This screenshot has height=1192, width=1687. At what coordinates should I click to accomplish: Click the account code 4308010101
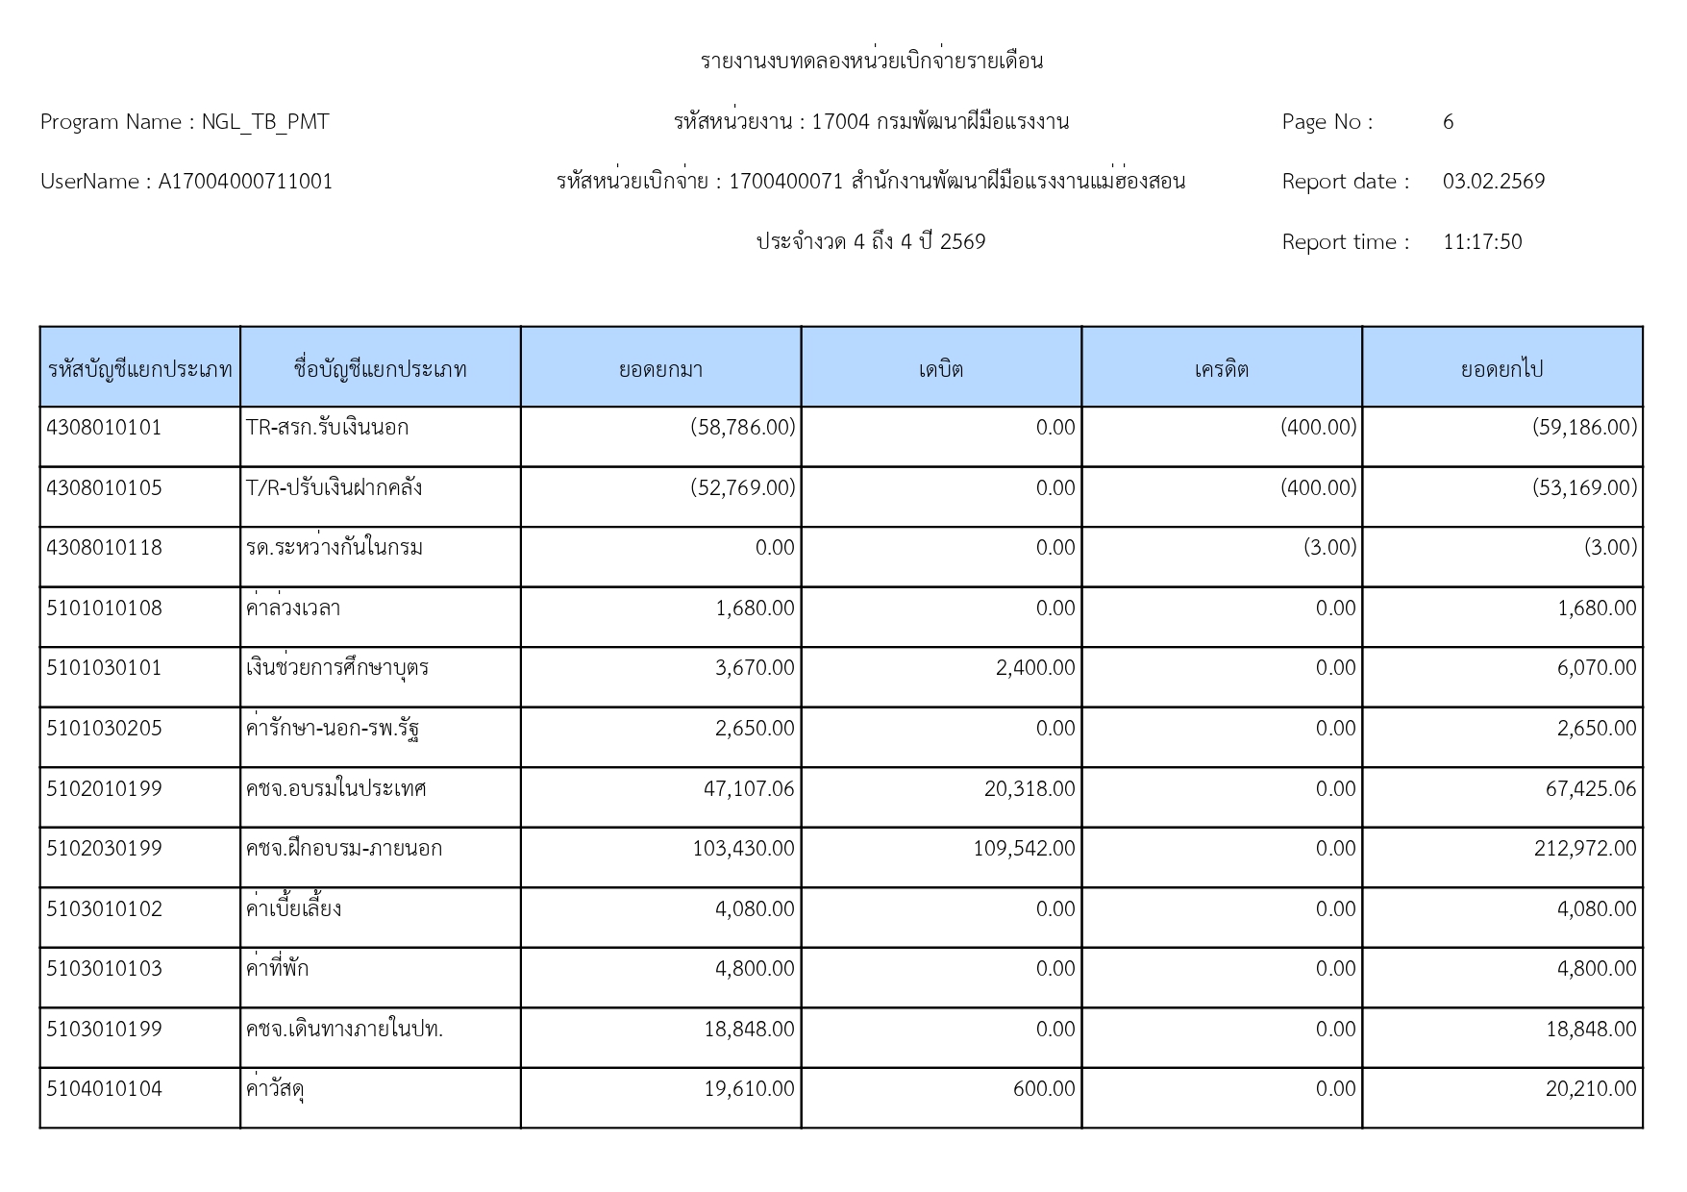click(104, 428)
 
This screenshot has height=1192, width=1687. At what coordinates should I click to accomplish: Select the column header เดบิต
click(940, 369)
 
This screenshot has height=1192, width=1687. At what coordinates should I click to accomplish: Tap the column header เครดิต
click(1221, 369)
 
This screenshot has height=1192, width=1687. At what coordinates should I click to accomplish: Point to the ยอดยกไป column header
click(1501, 369)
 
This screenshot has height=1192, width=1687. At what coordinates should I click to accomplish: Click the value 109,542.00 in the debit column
click(1024, 849)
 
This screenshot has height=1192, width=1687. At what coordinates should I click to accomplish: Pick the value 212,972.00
click(1585, 849)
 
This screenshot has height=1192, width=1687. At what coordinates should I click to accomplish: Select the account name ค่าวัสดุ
click(276, 1089)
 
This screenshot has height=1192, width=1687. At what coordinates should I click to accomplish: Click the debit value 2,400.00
click(1035, 668)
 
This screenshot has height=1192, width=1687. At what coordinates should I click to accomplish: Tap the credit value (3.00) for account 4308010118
click(1329, 548)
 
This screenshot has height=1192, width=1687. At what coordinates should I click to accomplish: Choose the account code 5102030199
click(104, 849)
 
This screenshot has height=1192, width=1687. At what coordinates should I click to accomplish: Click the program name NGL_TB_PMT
click(265, 122)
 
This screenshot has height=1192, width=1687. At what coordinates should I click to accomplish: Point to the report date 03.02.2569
click(1493, 182)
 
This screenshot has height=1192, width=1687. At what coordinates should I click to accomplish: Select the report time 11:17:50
click(1481, 242)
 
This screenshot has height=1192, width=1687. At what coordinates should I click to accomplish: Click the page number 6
click(1448, 122)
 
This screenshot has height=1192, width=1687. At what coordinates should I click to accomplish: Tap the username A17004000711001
click(245, 182)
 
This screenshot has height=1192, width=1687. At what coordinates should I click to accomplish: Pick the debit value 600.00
click(1044, 1089)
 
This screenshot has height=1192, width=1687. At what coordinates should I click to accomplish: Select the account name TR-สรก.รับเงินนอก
click(327, 428)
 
